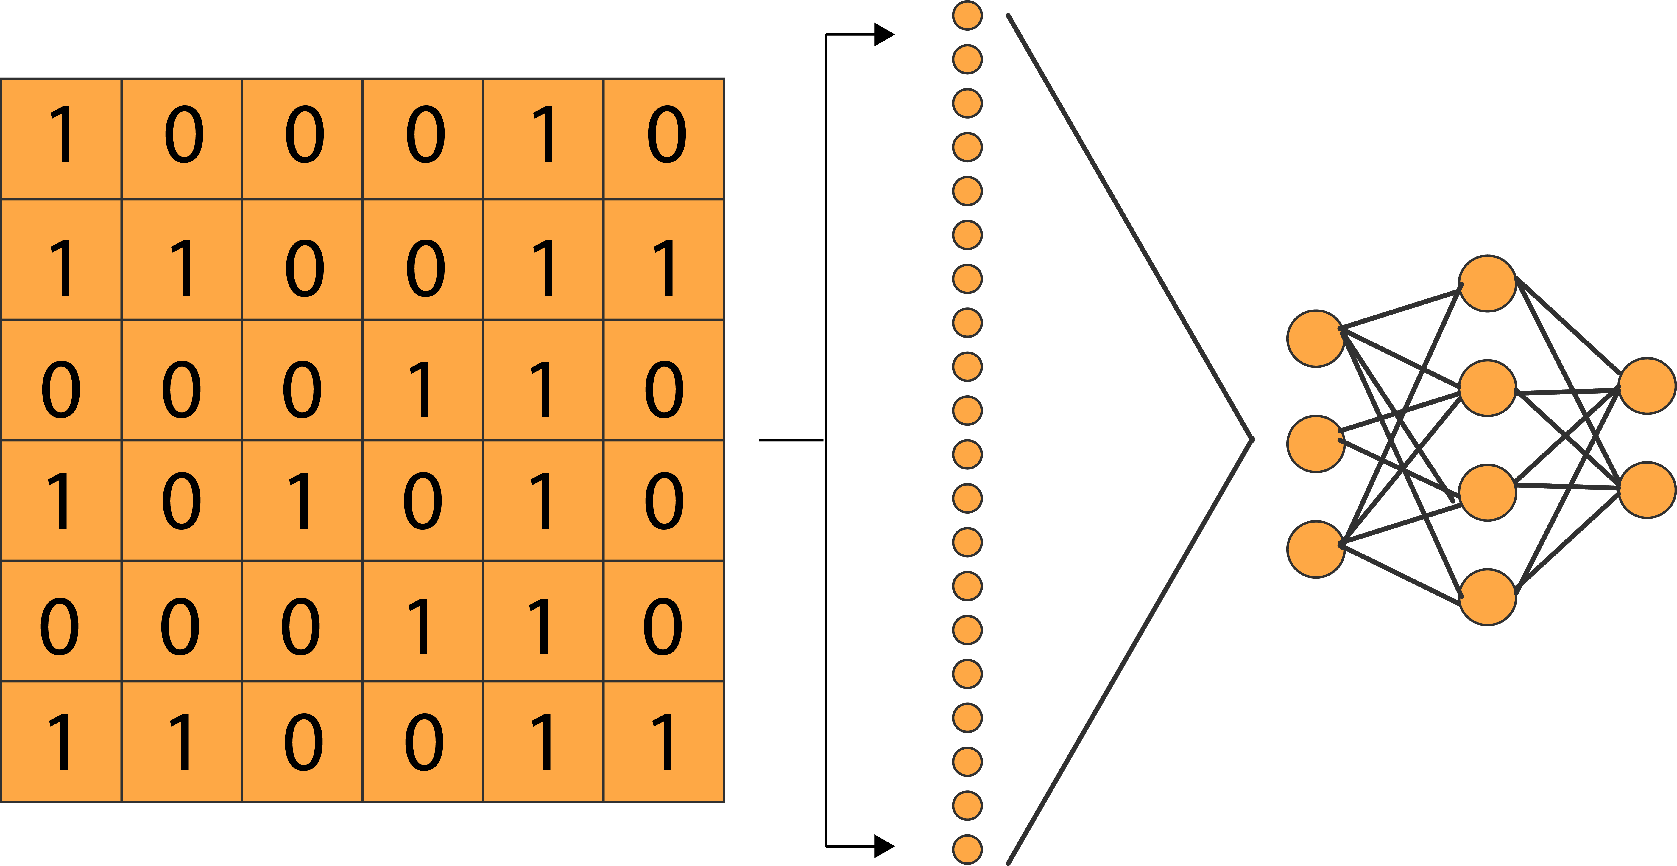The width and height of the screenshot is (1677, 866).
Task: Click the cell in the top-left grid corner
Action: pyautogui.click(x=61, y=139)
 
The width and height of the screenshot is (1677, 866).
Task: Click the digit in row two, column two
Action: pyautogui.click(x=182, y=267)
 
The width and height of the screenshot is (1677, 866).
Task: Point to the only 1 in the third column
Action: pyautogui.click(x=302, y=500)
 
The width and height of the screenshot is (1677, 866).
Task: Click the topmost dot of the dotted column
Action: pyautogui.click(x=967, y=15)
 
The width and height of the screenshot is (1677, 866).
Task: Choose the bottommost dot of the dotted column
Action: pyautogui.click(x=967, y=850)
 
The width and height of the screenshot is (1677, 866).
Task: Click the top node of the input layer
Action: pyautogui.click(x=1316, y=339)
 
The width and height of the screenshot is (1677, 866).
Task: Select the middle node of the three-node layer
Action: pyautogui.click(x=1316, y=444)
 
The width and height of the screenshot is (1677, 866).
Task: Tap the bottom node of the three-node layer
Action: pyautogui.click(x=1316, y=549)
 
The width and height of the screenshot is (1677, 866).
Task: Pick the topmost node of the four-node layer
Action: pyautogui.click(x=1488, y=284)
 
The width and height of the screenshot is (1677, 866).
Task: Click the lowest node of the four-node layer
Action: pyautogui.click(x=1488, y=597)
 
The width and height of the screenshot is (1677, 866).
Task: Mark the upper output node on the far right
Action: pyautogui.click(x=1647, y=385)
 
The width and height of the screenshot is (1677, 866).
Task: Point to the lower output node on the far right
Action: pyautogui.click(x=1647, y=490)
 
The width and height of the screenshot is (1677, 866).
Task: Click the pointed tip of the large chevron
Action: pyautogui.click(x=1251, y=439)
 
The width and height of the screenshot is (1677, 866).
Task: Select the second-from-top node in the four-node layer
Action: pyautogui.click(x=1488, y=388)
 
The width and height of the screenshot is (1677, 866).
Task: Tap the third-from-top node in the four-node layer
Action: pyautogui.click(x=1488, y=492)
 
